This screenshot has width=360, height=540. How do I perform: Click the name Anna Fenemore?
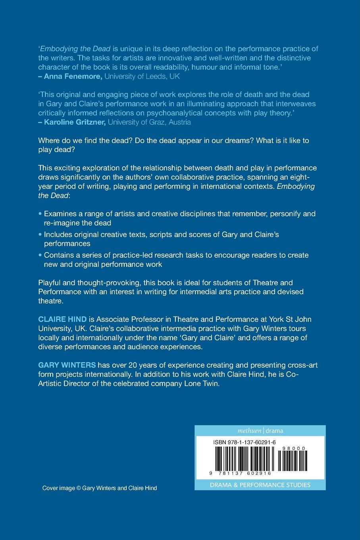click(x=73, y=76)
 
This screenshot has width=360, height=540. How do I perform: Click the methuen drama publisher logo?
click(x=260, y=431)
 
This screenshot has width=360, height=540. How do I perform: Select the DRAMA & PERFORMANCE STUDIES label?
click(x=260, y=485)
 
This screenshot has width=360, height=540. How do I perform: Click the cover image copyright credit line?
click(x=100, y=488)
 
